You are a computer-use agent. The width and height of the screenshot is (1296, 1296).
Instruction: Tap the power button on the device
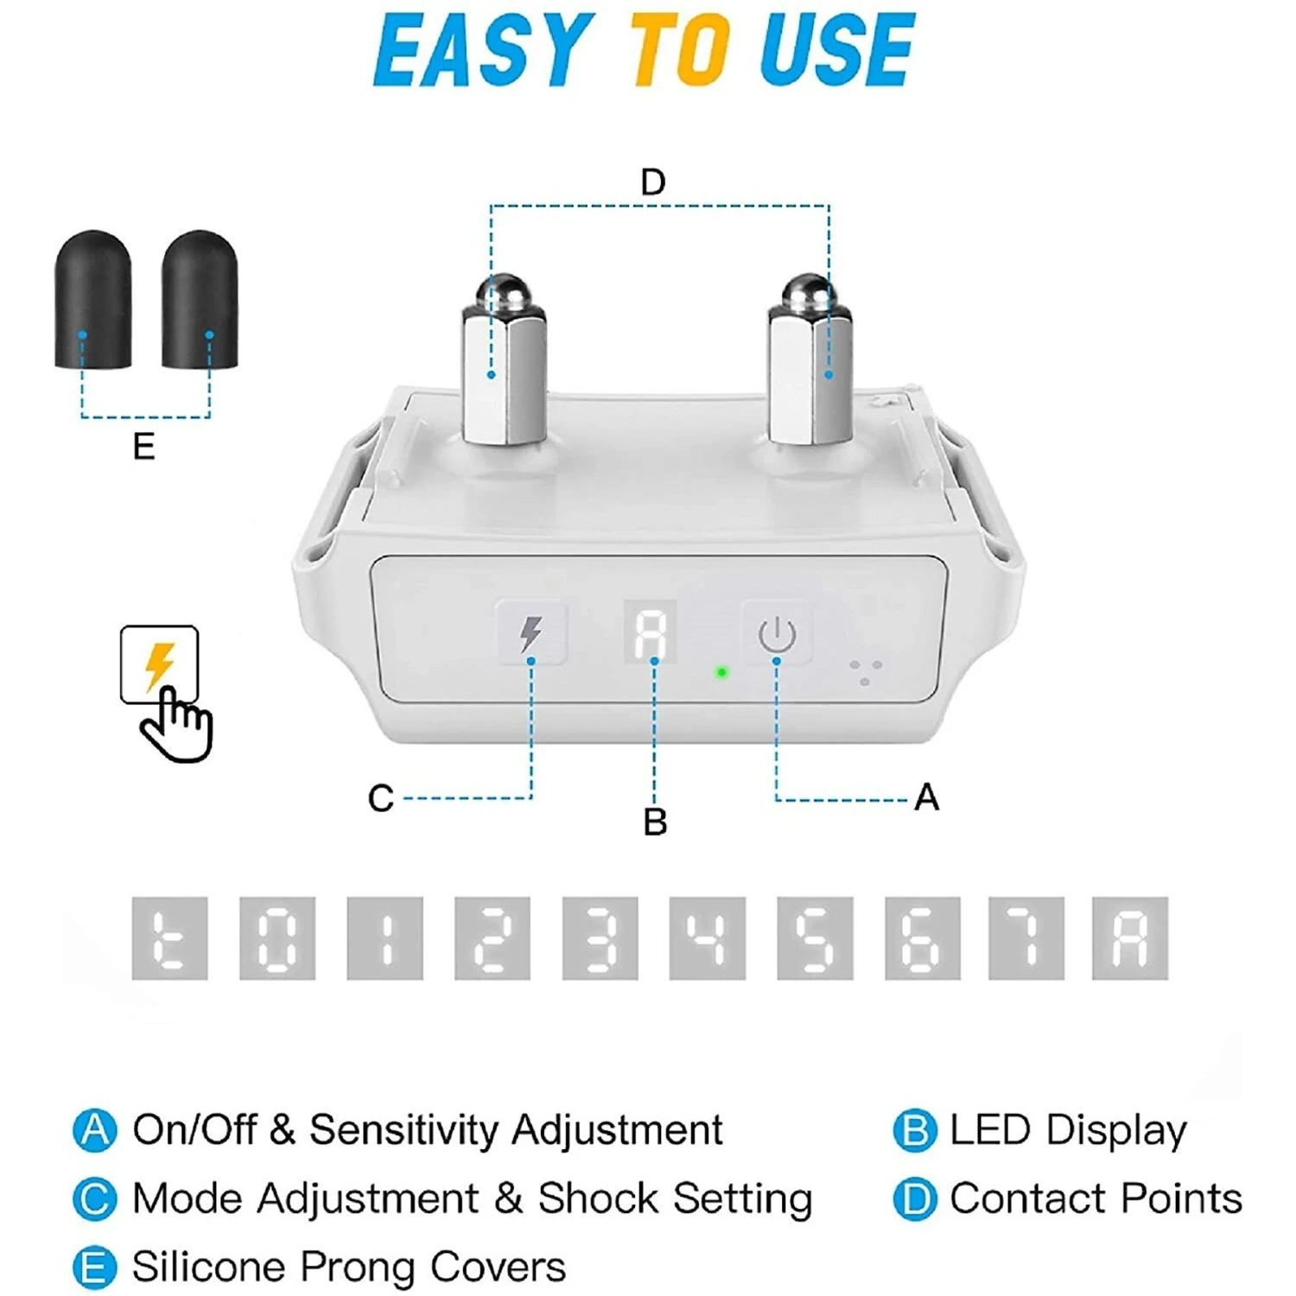click(x=777, y=633)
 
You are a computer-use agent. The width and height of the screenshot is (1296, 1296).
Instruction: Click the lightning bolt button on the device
click(x=531, y=633)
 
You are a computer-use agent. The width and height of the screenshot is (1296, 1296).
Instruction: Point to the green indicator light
click(x=721, y=672)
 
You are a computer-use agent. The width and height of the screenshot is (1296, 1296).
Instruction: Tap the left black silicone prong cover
click(x=93, y=299)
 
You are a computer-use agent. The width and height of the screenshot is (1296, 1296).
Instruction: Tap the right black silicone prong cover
click(x=200, y=299)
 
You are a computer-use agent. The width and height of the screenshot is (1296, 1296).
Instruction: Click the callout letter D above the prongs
click(x=653, y=182)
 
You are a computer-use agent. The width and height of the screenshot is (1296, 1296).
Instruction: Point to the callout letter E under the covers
click(x=143, y=447)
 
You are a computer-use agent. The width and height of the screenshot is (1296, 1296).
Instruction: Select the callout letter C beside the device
click(x=380, y=798)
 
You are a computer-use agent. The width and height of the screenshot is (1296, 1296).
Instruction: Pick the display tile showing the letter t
click(x=169, y=938)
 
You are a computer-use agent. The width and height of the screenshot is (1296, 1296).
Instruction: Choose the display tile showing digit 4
click(x=707, y=938)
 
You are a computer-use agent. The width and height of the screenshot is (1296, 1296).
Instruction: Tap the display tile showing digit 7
click(x=1026, y=938)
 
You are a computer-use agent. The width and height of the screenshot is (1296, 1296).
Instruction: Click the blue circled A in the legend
click(x=94, y=1130)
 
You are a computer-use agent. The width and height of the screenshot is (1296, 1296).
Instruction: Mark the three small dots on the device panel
click(x=865, y=673)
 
